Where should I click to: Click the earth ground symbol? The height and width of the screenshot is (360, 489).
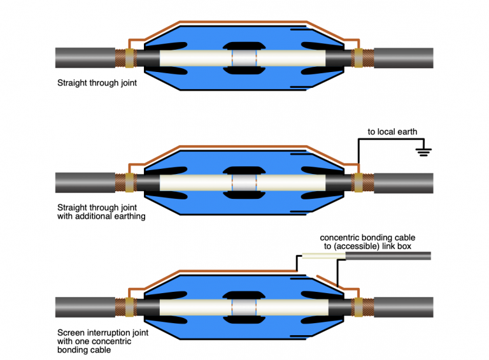[x=423, y=151]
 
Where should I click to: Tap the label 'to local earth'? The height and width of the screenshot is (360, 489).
[x=392, y=132]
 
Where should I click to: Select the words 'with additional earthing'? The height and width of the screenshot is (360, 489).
[x=101, y=217]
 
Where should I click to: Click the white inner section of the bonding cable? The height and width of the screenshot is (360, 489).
[x=322, y=256]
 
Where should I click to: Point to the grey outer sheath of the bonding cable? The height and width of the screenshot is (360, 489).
[x=388, y=256]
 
